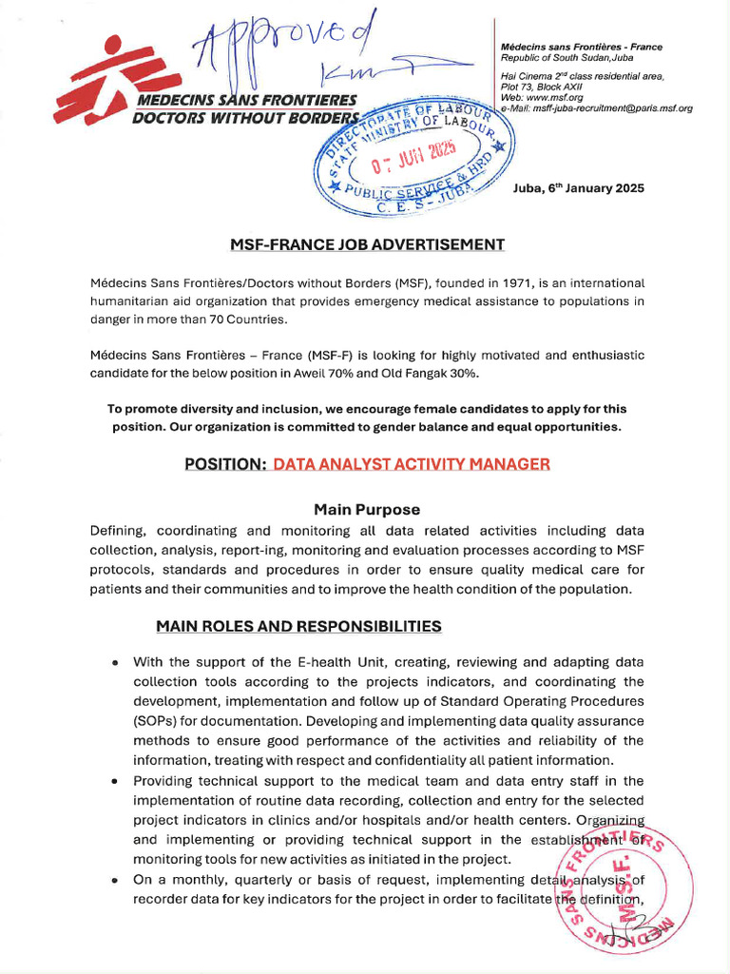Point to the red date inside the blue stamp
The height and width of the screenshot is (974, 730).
(x=414, y=154)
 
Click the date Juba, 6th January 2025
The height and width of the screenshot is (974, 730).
(x=578, y=188)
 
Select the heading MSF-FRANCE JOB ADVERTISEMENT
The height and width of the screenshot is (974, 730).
(x=367, y=244)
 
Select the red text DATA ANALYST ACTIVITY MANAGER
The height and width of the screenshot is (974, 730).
(x=411, y=464)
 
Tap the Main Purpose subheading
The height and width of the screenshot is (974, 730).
(x=366, y=509)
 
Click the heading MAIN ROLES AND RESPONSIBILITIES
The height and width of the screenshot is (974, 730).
(x=298, y=626)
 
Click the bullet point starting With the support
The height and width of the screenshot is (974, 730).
(x=115, y=662)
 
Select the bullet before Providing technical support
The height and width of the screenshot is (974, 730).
(x=115, y=781)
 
